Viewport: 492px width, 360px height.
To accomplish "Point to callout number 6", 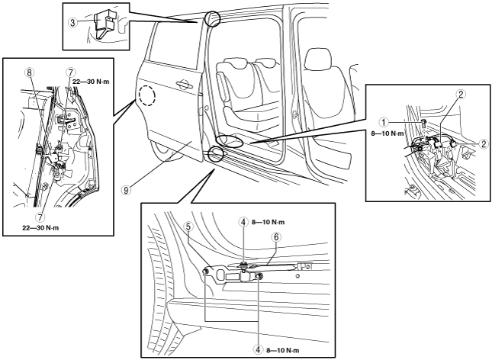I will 278,236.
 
